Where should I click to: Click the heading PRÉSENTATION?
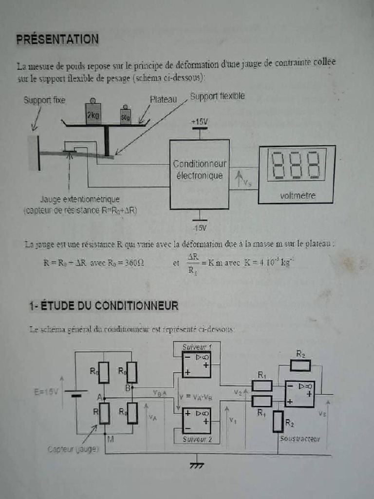tap(57, 39)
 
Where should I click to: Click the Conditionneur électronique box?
tap(199, 174)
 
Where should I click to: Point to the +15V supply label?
tap(199, 121)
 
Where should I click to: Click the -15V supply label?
tap(199, 228)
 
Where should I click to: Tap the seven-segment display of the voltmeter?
tap(296, 165)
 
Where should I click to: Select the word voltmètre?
tap(298, 196)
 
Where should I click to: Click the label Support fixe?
tap(44, 100)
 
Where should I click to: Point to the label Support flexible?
tap(217, 96)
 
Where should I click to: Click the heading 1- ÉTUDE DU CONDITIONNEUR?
tap(103, 306)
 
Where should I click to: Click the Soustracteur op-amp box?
tap(299, 394)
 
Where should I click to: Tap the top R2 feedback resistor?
tap(300, 365)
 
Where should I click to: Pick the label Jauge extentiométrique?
tap(80, 199)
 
